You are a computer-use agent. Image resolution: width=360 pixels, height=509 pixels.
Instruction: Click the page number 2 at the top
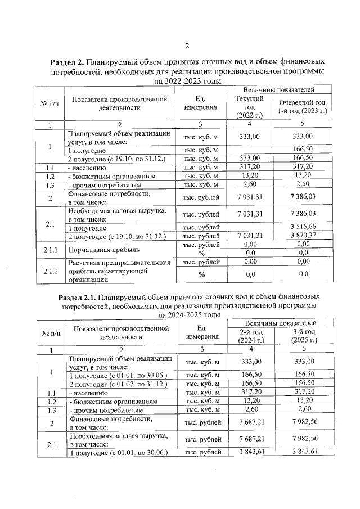pos(187,46)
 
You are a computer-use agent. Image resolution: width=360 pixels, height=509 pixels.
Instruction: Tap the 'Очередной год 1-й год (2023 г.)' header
pos(302,107)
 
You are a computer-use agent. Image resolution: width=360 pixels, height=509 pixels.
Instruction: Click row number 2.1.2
pos(49,271)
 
